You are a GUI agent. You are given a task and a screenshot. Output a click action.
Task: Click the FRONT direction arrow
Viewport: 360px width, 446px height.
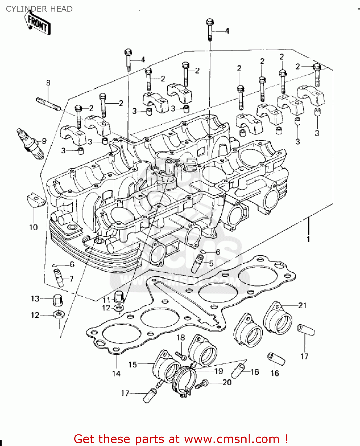[37, 23]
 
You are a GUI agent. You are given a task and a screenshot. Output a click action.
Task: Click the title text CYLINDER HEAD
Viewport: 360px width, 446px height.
[39, 9]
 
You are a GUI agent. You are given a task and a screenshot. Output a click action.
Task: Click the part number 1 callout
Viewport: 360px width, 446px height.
[308, 239]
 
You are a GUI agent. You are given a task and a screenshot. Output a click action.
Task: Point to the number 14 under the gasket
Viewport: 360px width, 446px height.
[116, 373]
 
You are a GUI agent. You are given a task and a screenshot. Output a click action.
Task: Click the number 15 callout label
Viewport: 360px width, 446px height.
[132, 365]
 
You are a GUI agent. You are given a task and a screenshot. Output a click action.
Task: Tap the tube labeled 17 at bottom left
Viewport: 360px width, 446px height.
[150, 395]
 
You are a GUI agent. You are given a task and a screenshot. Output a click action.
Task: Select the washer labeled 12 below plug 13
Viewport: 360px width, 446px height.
[58, 314]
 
